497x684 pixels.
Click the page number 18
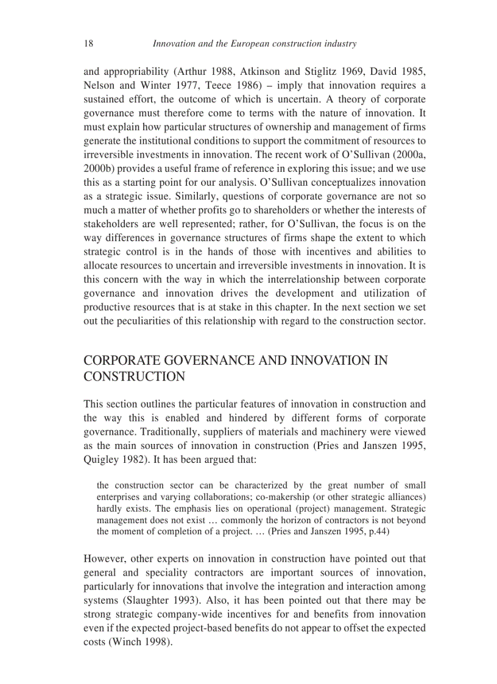tap(88, 43)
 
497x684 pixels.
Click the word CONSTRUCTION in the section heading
tap(134, 376)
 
